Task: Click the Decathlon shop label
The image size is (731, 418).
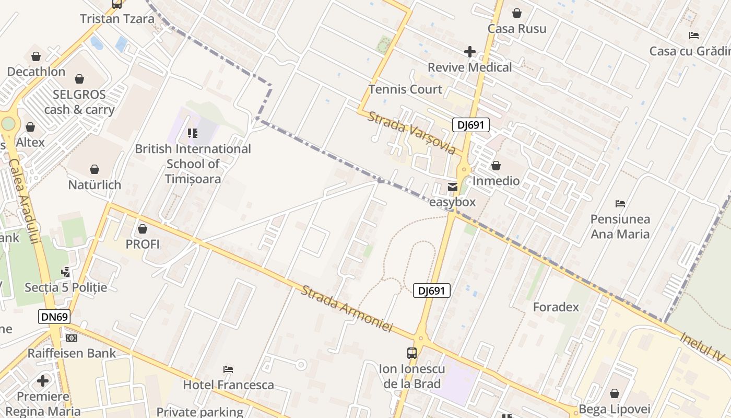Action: (x=36, y=72)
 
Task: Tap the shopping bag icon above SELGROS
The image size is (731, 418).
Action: (x=79, y=79)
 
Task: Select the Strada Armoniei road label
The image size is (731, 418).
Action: (x=346, y=308)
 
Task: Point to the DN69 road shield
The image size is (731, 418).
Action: (x=54, y=316)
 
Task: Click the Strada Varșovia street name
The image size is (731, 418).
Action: (x=411, y=132)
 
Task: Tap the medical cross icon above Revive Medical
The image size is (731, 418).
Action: (x=469, y=52)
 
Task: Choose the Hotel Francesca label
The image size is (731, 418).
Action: (x=228, y=385)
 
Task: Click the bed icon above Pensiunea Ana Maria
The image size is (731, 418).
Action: (x=620, y=203)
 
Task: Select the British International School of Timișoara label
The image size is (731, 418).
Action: (x=193, y=164)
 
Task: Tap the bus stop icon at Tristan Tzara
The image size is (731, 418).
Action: (x=117, y=4)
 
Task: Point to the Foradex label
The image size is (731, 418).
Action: (x=556, y=307)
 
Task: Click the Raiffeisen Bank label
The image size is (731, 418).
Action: (x=72, y=353)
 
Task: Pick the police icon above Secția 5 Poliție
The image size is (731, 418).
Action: (x=65, y=272)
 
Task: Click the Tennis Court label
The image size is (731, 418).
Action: (x=405, y=89)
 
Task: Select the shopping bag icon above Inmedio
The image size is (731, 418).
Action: (x=496, y=166)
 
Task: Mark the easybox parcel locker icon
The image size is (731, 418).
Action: (x=452, y=187)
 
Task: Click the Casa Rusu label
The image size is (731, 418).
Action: (x=516, y=29)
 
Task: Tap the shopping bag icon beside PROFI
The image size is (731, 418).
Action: (x=143, y=229)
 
